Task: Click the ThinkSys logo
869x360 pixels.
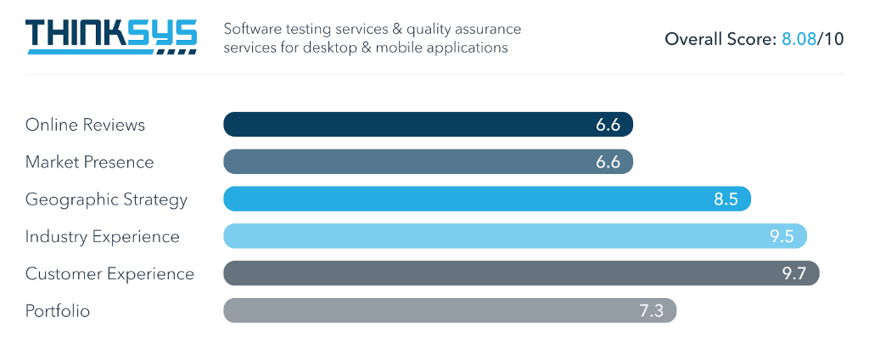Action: [111, 37]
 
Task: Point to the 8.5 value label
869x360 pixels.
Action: [726, 200]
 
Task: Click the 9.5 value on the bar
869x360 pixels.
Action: [782, 237]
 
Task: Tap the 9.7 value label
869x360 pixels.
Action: [793, 274]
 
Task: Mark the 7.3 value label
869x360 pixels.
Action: [651, 312]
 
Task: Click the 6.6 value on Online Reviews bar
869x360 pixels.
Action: [608, 125]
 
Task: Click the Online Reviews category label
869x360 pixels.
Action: [85, 125]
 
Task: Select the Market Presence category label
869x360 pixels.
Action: [89, 162]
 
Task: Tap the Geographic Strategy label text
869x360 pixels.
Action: [106, 200]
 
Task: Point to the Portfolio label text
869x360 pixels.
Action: [58, 312]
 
